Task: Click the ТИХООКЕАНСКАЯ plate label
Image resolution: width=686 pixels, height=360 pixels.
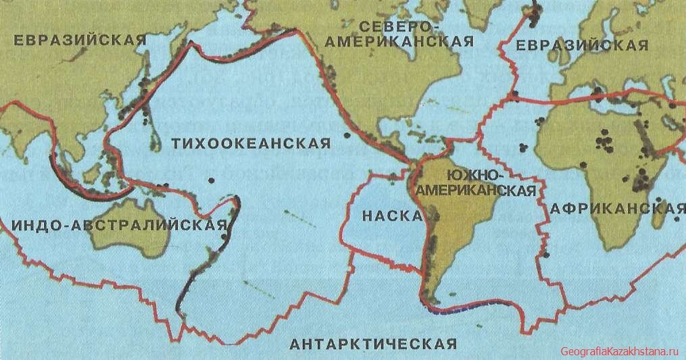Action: coord(251,143)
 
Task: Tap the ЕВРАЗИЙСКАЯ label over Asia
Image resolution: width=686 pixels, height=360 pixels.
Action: coord(80,40)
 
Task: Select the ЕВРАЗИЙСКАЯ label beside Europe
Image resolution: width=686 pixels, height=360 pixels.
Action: coord(581,45)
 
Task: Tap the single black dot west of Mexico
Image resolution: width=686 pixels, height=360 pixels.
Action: coord(347,136)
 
